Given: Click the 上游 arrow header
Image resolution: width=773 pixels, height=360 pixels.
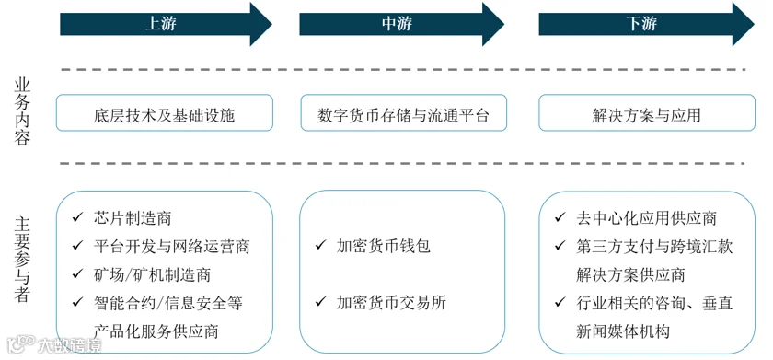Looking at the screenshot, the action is [166, 24].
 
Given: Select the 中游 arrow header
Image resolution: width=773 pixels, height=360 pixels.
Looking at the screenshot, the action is [402, 24].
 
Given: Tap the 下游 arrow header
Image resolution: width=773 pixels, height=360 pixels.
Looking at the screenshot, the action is [646, 24].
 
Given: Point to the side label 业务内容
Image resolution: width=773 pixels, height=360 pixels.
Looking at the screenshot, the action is [22, 111].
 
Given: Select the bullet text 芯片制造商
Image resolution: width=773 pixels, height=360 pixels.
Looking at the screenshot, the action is [133, 217].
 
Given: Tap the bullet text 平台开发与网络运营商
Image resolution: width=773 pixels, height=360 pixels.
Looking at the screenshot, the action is [171, 246].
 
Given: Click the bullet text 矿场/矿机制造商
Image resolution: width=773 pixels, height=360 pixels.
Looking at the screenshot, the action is [151, 274].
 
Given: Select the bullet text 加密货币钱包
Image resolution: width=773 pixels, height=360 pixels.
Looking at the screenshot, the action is [384, 246].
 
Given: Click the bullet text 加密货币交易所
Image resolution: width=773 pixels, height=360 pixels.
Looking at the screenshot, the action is [391, 302].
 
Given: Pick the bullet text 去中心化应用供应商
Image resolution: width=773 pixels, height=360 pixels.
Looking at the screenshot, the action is [646, 217].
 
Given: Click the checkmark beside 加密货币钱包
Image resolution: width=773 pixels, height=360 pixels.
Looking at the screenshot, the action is [320, 245].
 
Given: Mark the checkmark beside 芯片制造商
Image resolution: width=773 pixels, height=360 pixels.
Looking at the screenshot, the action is [77, 217].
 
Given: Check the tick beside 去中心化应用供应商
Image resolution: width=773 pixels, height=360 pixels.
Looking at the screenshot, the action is [560, 217].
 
